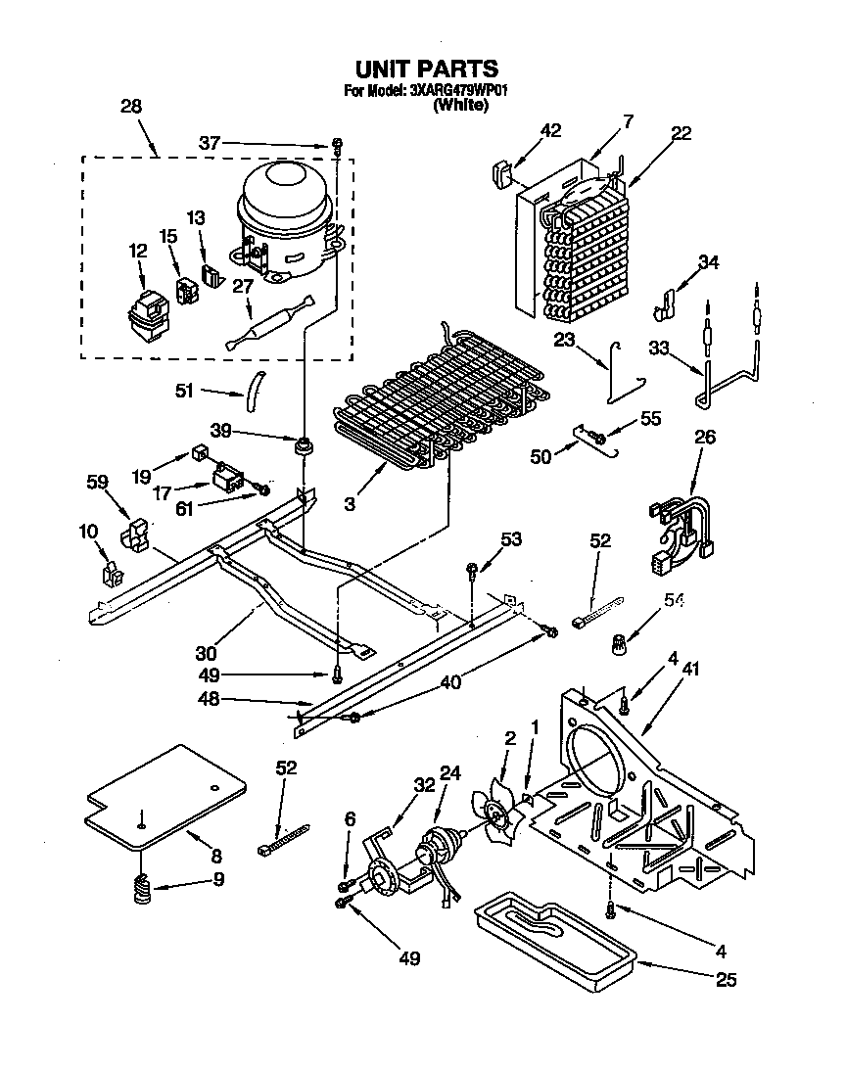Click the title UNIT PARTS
pyautogui.click(x=426, y=69)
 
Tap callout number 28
pyautogui.click(x=131, y=107)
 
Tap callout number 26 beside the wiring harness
pyautogui.click(x=704, y=437)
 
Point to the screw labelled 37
pyautogui.click(x=336, y=145)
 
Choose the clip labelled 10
pyautogui.click(x=111, y=572)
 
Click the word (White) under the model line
pyautogui.click(x=459, y=106)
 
